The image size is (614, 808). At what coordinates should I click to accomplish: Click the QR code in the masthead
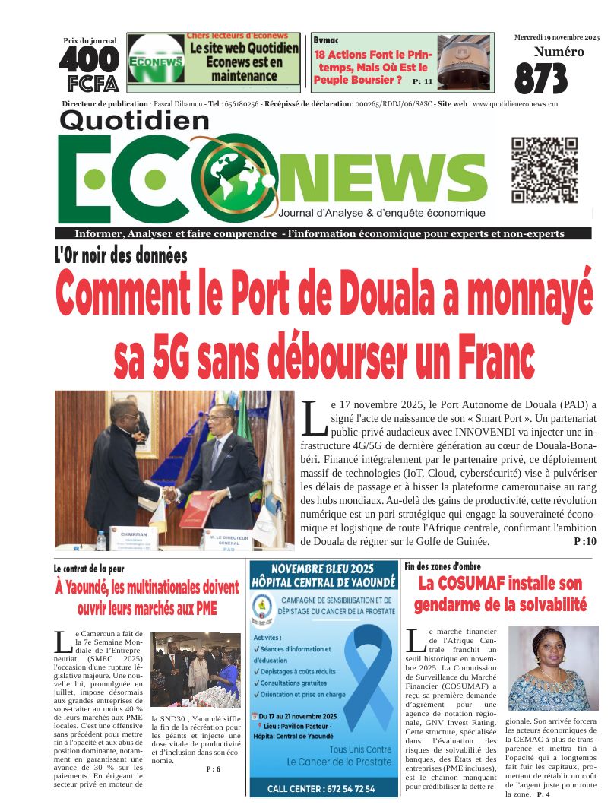pyautogui.click(x=544, y=171)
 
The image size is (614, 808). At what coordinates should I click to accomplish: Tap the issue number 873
pyautogui.click(x=541, y=78)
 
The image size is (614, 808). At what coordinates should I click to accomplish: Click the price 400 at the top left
pyautogui.click(x=89, y=59)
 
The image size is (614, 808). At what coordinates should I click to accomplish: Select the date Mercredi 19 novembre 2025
pyautogui.click(x=557, y=37)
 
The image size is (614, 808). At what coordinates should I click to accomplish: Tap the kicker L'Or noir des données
pyautogui.click(x=120, y=255)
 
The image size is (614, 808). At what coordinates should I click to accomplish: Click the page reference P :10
pyautogui.click(x=585, y=542)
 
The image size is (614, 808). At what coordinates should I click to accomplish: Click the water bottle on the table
pyautogui.click(x=101, y=540)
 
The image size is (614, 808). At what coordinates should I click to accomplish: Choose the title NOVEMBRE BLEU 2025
pyautogui.click(x=323, y=569)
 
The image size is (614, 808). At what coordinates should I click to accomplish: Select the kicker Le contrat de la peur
pyautogui.click(x=89, y=569)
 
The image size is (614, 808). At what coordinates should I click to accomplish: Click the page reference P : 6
pyautogui.click(x=213, y=769)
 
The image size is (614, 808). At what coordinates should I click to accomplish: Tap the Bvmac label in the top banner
pyautogui.click(x=326, y=40)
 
